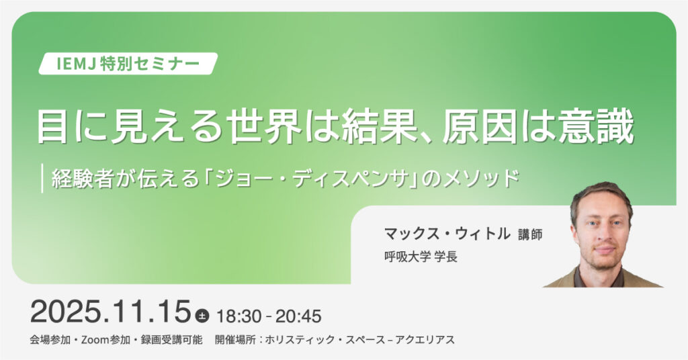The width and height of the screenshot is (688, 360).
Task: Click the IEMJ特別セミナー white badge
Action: click(128, 64)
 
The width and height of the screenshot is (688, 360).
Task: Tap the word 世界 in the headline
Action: click(264, 127)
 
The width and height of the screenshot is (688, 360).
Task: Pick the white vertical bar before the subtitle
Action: click(42, 178)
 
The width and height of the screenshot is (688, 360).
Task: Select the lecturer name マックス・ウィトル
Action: click(447, 233)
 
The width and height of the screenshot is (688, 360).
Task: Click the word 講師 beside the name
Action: click(530, 234)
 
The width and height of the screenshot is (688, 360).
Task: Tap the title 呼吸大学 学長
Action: click(421, 257)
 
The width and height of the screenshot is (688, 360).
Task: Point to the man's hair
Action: click(601, 195)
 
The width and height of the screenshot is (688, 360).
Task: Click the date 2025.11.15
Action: click(111, 312)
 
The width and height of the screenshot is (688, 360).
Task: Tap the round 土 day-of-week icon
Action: click(202, 316)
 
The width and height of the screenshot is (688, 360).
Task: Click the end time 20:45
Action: click(298, 316)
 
